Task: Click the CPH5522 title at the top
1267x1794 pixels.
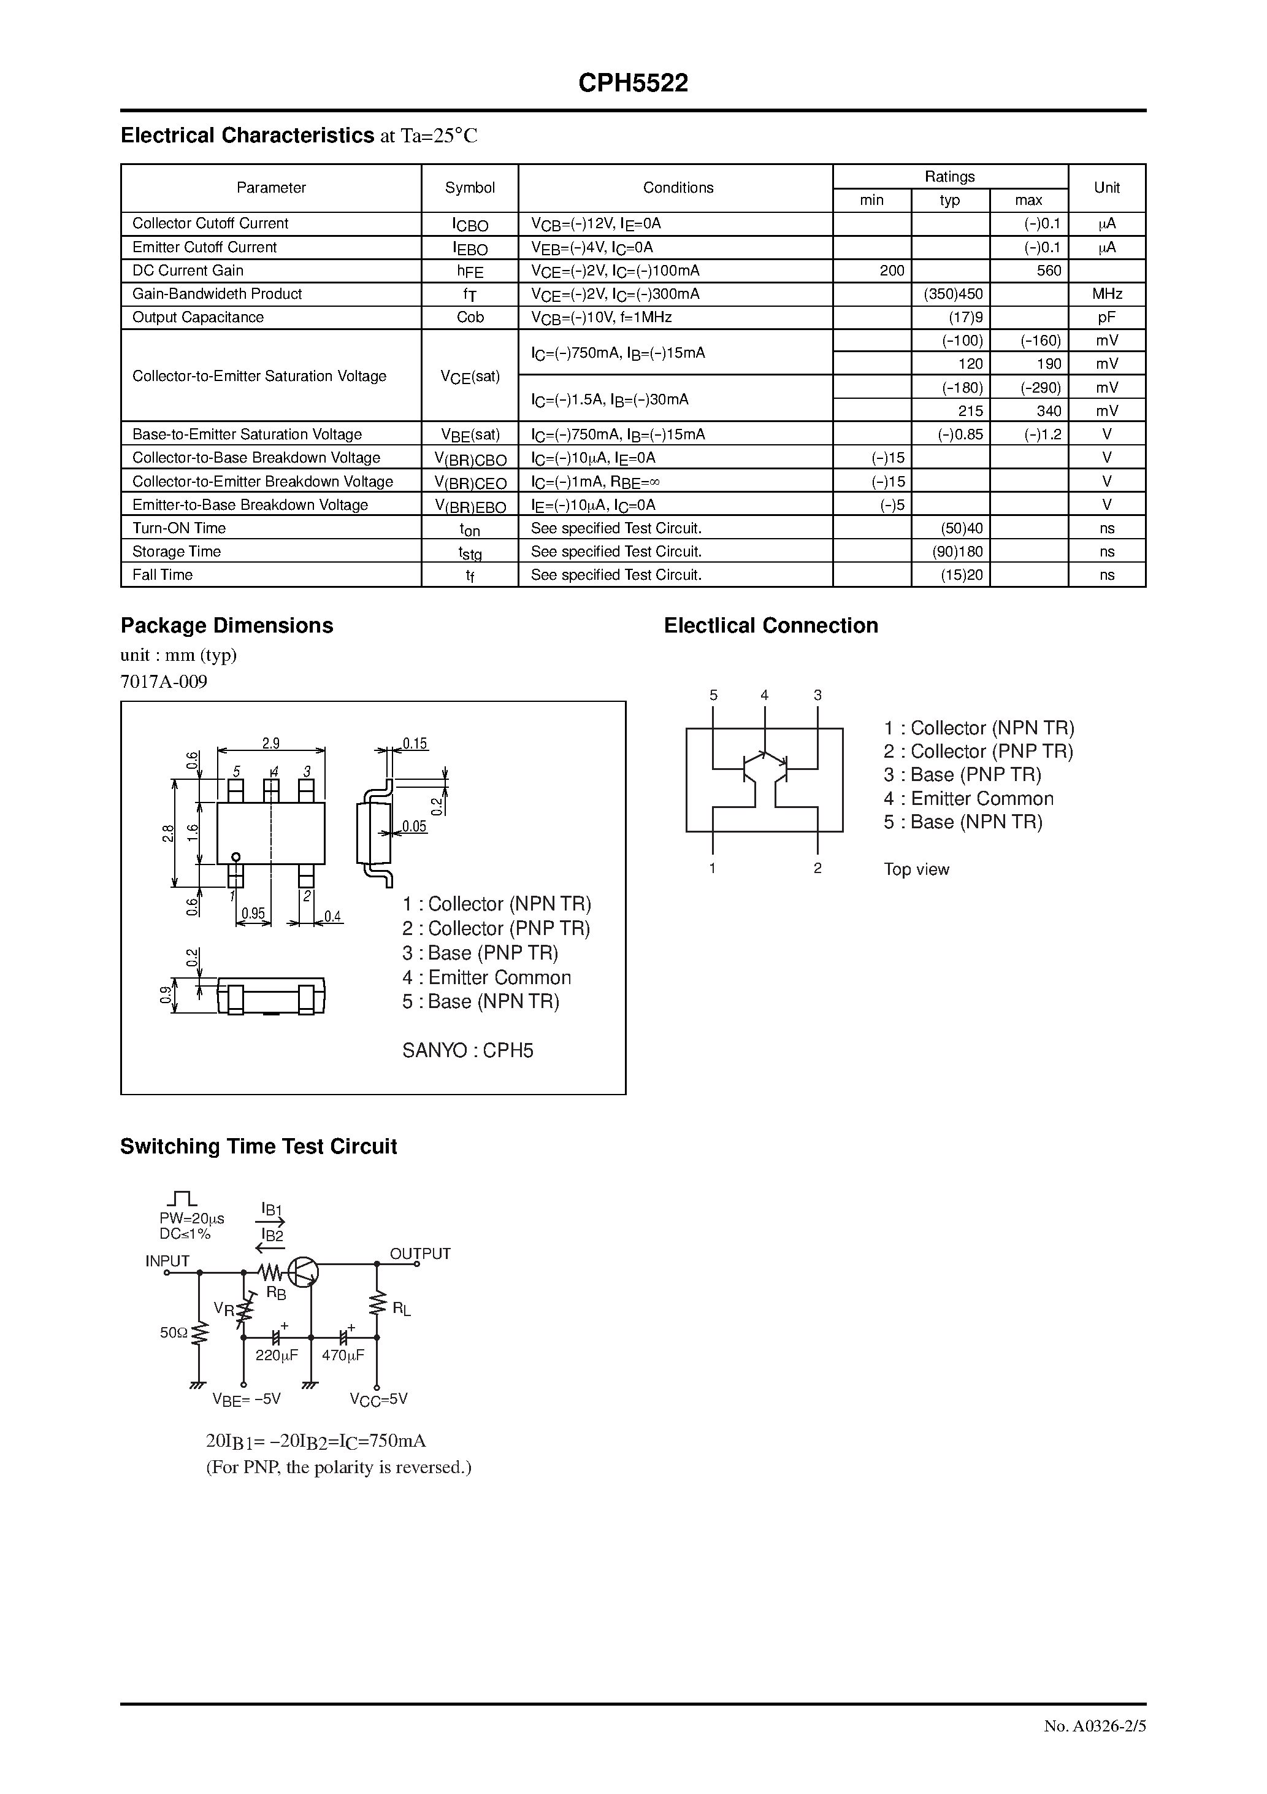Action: click(633, 83)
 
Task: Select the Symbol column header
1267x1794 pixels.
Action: click(470, 188)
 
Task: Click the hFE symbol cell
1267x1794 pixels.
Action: click(470, 271)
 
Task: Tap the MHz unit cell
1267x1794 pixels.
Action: click(1107, 294)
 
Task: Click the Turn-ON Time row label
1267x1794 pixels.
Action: click(179, 528)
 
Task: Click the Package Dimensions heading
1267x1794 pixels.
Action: click(226, 625)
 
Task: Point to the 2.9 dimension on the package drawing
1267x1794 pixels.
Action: click(270, 743)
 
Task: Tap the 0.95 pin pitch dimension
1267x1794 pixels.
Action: click(253, 912)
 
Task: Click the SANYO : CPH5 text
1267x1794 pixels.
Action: click(467, 1050)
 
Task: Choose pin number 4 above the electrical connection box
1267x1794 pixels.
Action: click(764, 695)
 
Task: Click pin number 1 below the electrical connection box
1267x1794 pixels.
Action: click(713, 868)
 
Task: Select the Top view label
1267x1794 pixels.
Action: click(916, 869)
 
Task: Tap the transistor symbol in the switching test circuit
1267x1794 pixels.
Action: click(302, 1272)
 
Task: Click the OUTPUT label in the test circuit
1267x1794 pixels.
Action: click(419, 1253)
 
